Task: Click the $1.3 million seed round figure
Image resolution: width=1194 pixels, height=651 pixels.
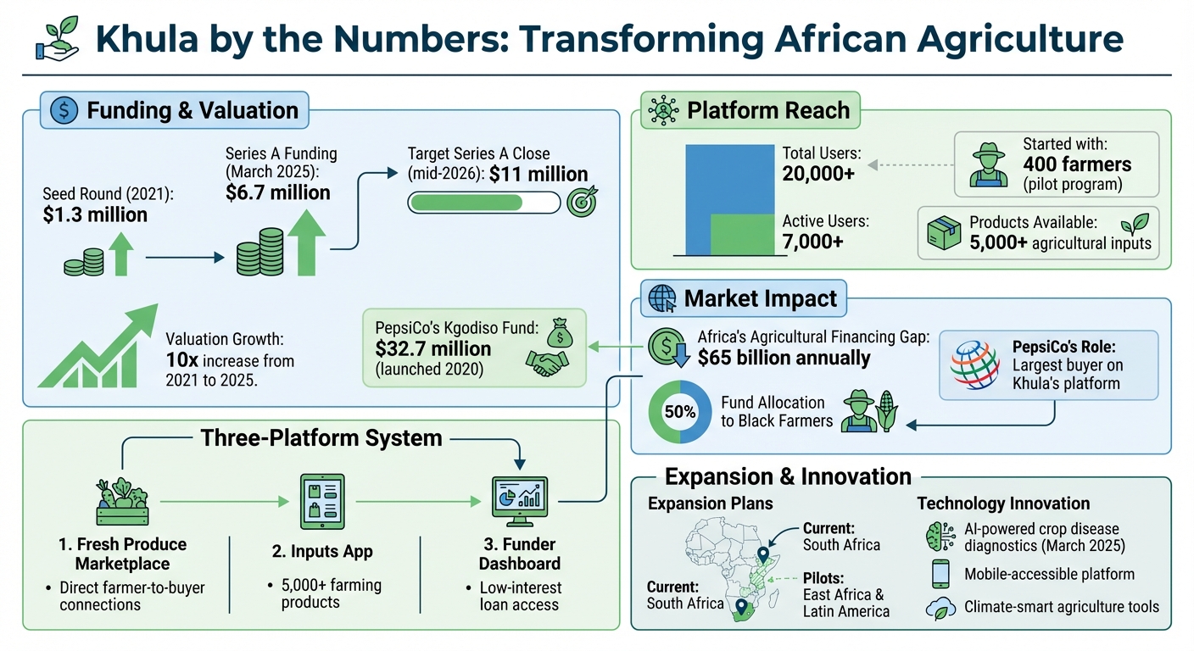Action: coord(95,215)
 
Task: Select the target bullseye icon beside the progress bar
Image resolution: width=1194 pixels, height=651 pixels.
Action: coord(581,203)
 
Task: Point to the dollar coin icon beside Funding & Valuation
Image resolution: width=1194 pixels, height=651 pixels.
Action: coord(64,110)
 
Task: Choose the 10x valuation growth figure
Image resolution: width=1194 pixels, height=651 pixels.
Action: coord(181,360)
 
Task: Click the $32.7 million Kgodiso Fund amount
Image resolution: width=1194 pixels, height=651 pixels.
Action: coord(433,348)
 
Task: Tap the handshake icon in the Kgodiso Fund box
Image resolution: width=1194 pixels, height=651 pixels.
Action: coord(546,363)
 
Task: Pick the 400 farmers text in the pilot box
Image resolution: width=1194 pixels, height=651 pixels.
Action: coord(1077,164)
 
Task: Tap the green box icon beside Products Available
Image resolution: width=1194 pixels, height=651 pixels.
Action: coord(944,232)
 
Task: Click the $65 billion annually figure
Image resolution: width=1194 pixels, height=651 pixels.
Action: coord(784,357)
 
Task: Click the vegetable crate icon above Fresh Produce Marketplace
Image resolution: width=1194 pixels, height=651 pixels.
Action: coord(123,499)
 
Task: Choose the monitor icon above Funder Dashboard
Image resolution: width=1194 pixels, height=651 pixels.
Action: coord(520,501)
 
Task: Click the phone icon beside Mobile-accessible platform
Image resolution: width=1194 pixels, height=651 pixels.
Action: coord(940,574)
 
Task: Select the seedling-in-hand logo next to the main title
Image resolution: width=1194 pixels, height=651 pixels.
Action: coord(59,39)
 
